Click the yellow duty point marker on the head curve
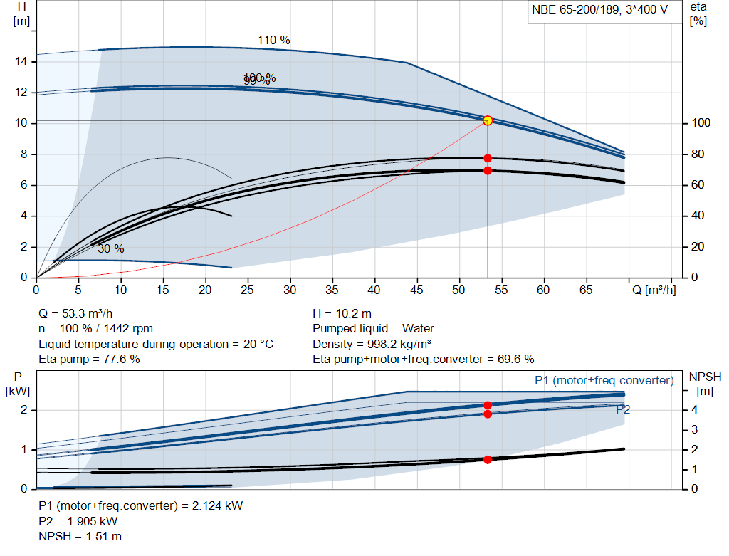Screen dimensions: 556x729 [488, 120]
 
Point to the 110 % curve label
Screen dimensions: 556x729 [273, 41]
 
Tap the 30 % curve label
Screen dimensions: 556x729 [110, 248]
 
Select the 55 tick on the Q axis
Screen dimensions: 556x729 [501, 290]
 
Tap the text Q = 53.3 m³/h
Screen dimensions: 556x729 [76, 313]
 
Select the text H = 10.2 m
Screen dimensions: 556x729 [342, 313]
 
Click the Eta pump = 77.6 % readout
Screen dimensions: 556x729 [89, 359]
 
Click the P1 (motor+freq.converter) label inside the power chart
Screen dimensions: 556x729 [604, 381]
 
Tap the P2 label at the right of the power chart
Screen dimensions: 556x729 [623, 409]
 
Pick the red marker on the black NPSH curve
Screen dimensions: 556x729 [488, 459]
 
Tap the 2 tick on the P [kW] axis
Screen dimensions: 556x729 [23, 410]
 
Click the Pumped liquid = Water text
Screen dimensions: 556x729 [373, 329]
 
